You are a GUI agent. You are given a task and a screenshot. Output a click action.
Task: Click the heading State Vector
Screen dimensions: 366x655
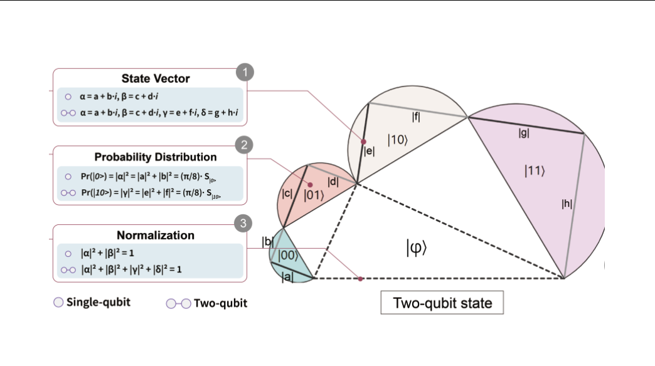pyautogui.click(x=156, y=79)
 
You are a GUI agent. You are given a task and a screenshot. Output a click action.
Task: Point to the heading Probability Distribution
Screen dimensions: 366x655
pyautogui.click(x=156, y=157)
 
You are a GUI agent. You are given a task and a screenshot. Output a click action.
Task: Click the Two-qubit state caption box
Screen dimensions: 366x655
pyautogui.click(x=442, y=304)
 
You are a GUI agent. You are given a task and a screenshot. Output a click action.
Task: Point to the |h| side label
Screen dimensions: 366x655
pyautogui.click(x=567, y=203)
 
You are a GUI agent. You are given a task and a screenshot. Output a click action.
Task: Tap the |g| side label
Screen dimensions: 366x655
pyautogui.click(x=524, y=132)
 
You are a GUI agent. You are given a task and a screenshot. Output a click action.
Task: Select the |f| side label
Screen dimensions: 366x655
pyautogui.click(x=416, y=116)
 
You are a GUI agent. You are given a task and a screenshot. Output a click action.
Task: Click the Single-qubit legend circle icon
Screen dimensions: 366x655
pyautogui.click(x=58, y=303)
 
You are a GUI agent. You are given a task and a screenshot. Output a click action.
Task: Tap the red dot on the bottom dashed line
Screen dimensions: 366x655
pyautogui.click(x=360, y=278)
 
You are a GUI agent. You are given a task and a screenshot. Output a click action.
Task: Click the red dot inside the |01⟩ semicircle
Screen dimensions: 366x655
pyautogui.click(x=310, y=184)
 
